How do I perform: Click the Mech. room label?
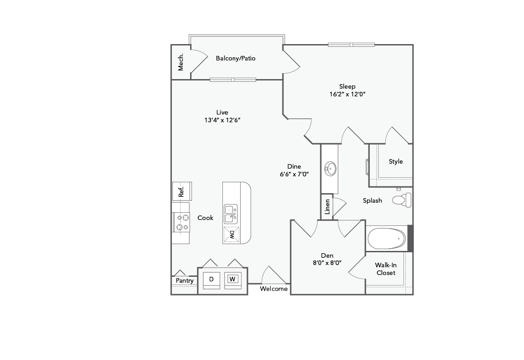[181, 62]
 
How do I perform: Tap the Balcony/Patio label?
[236, 58]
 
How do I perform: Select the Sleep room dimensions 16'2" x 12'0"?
[348, 95]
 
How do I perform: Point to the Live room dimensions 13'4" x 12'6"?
[222, 120]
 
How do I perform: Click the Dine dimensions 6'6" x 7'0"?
[294, 174]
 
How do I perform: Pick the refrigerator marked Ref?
[181, 191]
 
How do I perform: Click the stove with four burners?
[181, 223]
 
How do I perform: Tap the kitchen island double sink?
[231, 214]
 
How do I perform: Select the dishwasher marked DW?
[231, 235]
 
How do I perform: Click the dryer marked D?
[211, 279]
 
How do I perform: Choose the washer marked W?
[232, 279]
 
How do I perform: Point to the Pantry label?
[185, 280]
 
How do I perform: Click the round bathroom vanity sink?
[330, 169]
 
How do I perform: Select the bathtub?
[387, 238]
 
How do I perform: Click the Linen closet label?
[327, 207]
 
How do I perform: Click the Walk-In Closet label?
[385, 269]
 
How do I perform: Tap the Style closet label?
[396, 161]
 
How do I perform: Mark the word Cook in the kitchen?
[205, 218]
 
